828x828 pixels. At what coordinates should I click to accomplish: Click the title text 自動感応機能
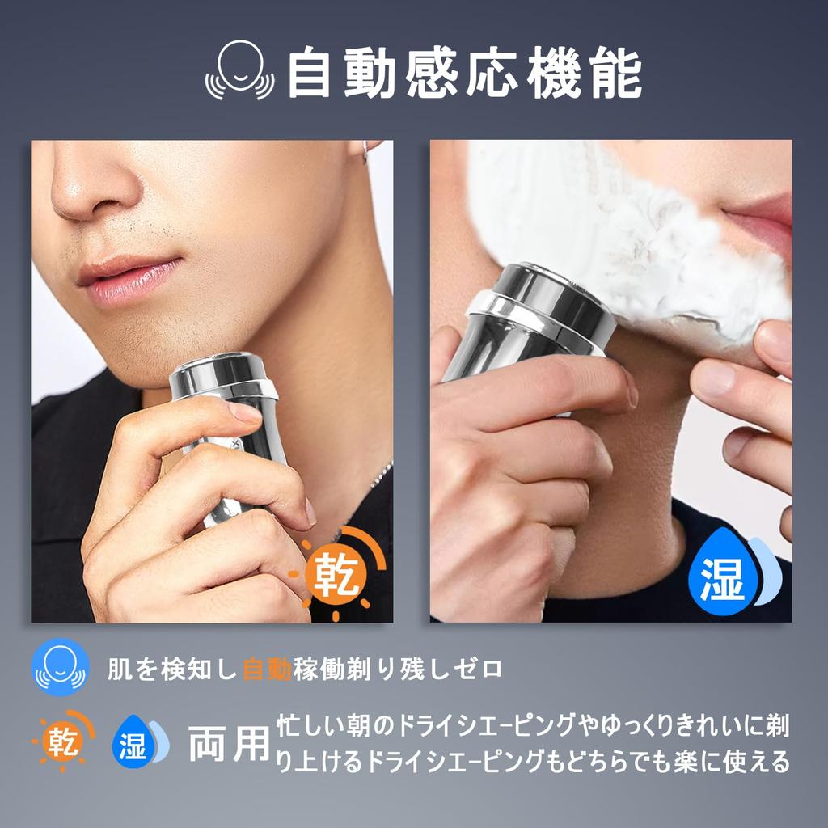(464, 74)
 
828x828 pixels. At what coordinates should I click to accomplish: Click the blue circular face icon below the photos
(59, 668)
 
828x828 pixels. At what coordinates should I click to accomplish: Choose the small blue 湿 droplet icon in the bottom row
(137, 742)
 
